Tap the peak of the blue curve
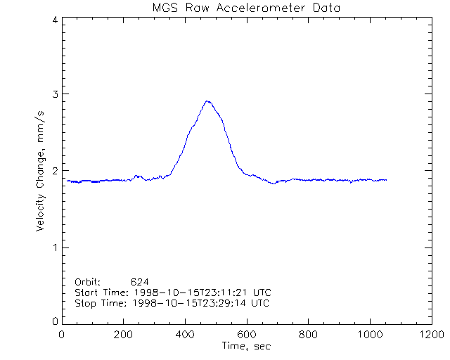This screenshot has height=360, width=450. (x=207, y=101)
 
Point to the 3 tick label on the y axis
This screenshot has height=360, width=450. (x=54, y=94)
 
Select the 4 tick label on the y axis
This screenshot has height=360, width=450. (x=54, y=20)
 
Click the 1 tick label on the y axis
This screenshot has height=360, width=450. (x=54, y=247)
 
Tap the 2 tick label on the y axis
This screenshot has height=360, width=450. (x=54, y=171)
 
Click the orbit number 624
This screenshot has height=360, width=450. (x=139, y=281)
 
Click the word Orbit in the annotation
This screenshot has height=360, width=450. (x=88, y=281)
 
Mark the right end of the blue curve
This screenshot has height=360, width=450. (x=386, y=180)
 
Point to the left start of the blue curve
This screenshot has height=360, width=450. (x=67, y=181)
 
